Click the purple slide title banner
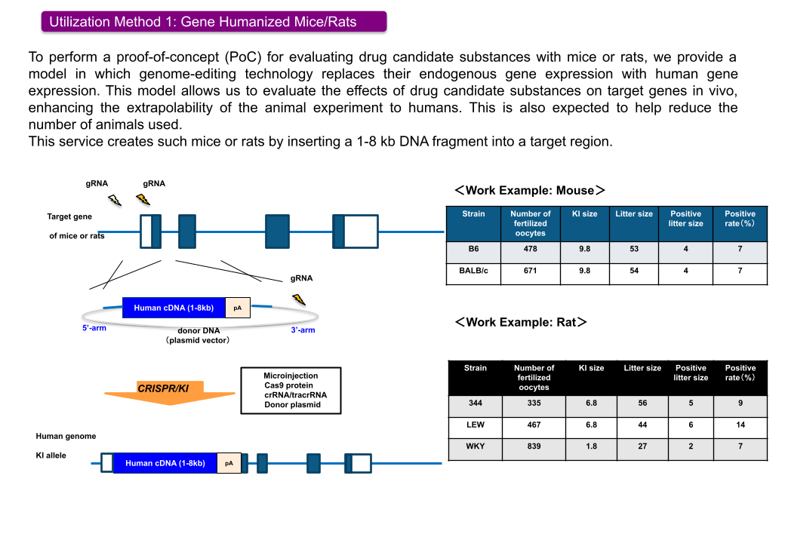pos(214,21)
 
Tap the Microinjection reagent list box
pos(291,390)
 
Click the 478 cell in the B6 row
pos(530,250)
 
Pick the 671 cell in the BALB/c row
pos(530,271)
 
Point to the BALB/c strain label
pos(473,271)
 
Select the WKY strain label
pos(475,446)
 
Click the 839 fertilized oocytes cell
pos(534,446)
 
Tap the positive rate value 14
pos(740,425)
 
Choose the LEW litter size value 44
pos(642,425)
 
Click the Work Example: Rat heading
pos(521,322)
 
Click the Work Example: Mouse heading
pos(530,191)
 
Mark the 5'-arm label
pos(94,329)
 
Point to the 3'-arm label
pos(303,330)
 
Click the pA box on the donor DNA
pos(237,308)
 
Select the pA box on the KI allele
pos(229,463)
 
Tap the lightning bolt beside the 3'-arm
pos(300,299)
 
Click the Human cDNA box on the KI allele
pos(165,463)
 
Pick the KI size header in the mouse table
pos(584,214)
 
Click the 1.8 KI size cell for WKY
pos(591,446)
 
